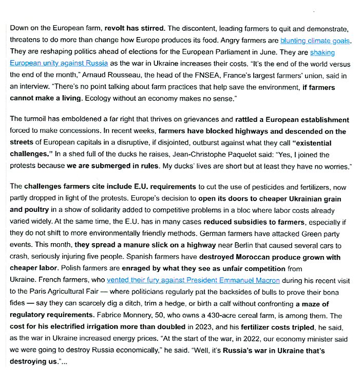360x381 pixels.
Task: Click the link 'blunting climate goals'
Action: click(x=315, y=40)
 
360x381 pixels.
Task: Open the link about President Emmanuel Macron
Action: click(x=193, y=281)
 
